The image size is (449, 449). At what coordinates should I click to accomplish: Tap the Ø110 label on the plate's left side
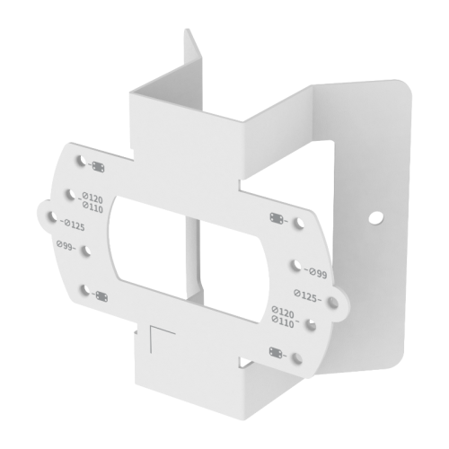(92, 208)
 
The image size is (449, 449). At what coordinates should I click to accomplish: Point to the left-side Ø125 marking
(73, 224)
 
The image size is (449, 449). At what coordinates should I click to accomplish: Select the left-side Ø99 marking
(65, 244)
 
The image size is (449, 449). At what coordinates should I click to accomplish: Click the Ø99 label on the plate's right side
(313, 271)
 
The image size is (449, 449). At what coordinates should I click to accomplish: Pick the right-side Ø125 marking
(308, 294)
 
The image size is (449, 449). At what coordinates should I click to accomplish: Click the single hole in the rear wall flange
(375, 217)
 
